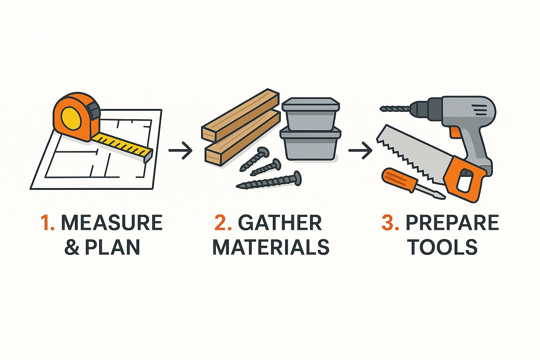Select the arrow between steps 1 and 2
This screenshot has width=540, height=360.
click(180, 150)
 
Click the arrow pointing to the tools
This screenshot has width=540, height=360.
click(360, 150)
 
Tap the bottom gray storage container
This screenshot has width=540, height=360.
click(310, 144)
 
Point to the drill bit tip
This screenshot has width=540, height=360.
click(381, 109)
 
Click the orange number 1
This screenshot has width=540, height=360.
click(47, 223)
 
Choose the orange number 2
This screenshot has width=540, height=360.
click(223, 223)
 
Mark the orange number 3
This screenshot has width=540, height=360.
click(390, 223)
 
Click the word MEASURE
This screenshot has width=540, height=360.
click(111, 223)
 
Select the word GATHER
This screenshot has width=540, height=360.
click(280, 223)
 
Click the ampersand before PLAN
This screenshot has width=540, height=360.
click(72, 247)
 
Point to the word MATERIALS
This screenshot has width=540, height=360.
click(271, 247)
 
